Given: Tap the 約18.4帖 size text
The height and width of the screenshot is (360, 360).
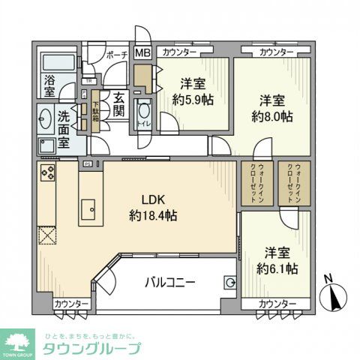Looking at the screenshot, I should coord(153,216).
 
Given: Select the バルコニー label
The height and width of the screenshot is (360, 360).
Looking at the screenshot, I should coord(170,283).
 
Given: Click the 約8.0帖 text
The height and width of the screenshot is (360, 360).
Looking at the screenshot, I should coord(272,118).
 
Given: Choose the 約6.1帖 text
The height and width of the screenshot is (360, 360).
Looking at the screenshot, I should coord(277,268).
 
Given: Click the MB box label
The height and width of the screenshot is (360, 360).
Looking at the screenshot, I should coord(142,53).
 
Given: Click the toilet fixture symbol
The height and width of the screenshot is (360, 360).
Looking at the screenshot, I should coord(144,114).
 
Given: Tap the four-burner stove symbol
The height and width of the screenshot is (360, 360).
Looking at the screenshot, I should coord(48,174).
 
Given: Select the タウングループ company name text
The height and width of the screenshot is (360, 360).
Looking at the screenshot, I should coord(94,348).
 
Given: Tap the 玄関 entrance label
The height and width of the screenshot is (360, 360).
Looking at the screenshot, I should coord(118,104).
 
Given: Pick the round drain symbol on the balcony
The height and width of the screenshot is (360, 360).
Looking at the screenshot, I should coord(230,283).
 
